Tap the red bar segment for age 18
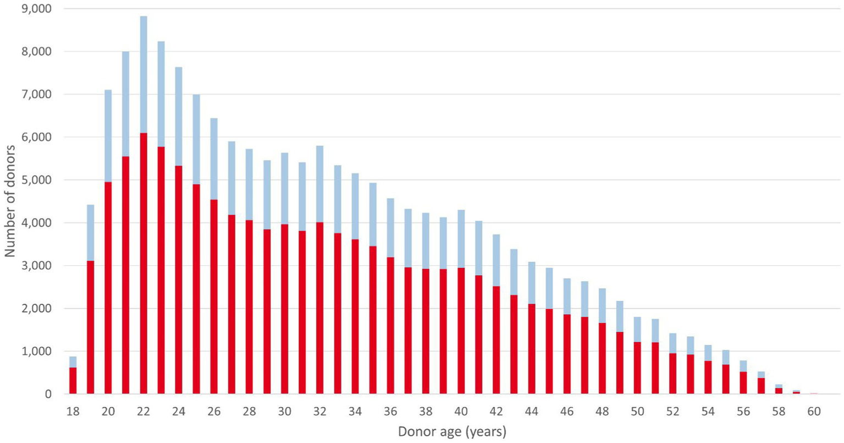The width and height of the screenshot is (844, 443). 73,380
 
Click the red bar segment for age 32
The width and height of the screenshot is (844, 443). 320,308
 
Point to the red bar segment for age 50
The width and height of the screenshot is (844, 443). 637,368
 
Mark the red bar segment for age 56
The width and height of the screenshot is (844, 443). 743,382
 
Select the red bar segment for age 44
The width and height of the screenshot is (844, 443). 532,349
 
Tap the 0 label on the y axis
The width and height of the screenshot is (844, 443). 48,394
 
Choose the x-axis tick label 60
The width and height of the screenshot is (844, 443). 814,412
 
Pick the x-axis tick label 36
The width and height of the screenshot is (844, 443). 390,412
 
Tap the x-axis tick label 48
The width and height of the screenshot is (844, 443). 602,412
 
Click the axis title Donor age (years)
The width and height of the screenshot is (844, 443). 452,431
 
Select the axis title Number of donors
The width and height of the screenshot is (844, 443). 10,201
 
